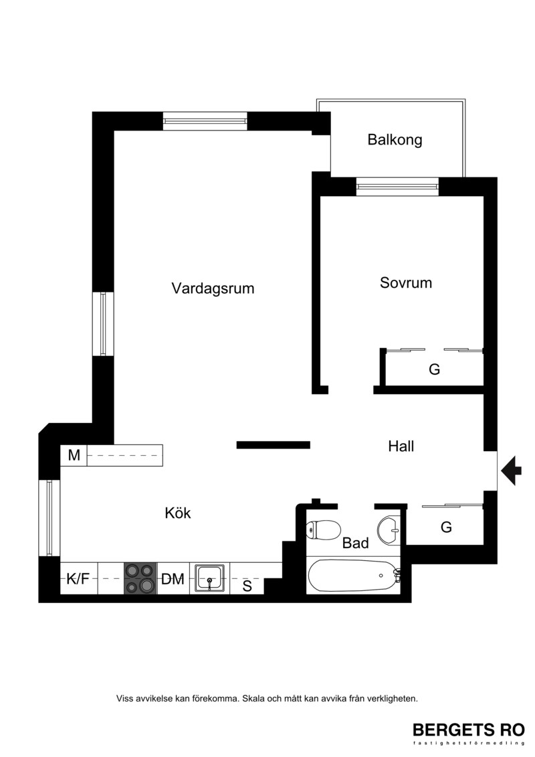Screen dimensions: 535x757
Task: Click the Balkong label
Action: coord(395,140)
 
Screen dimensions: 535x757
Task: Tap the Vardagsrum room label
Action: coord(213,288)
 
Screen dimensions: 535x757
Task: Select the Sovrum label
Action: coord(406,282)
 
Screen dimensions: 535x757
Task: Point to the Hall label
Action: coord(401,446)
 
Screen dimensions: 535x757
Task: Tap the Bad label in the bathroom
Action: coord(356,543)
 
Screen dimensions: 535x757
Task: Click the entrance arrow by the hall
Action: coord(512,470)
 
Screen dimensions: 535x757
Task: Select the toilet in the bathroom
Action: coord(323,530)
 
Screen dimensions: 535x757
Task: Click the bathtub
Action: coord(354,576)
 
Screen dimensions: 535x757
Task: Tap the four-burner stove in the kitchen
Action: coord(140,578)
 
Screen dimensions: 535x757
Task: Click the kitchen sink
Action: coord(209,578)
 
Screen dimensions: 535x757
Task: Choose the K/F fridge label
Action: coord(78,578)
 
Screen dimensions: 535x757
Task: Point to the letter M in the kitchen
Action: coord(74,455)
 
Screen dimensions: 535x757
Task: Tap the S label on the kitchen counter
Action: coord(247,586)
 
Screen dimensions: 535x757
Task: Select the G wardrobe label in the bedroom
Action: coord(434,369)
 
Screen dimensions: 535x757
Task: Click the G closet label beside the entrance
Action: coord(446,527)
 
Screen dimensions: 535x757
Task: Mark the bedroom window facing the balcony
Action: coord(397,186)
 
